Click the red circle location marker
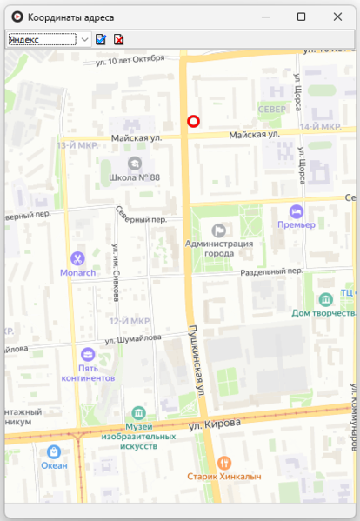click(194, 122)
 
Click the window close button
click(337, 17)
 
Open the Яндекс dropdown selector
click(84, 39)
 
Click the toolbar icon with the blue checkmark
click(101, 39)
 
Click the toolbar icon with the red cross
click(118, 39)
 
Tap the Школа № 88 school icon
click(134, 163)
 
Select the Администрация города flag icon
click(218, 230)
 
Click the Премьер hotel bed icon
click(296, 210)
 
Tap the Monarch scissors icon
click(77, 257)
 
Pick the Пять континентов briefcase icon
click(88, 354)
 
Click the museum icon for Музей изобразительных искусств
click(138, 412)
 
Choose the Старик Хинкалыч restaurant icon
click(225, 462)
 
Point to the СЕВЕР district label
click(271, 110)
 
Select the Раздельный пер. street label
click(271, 271)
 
